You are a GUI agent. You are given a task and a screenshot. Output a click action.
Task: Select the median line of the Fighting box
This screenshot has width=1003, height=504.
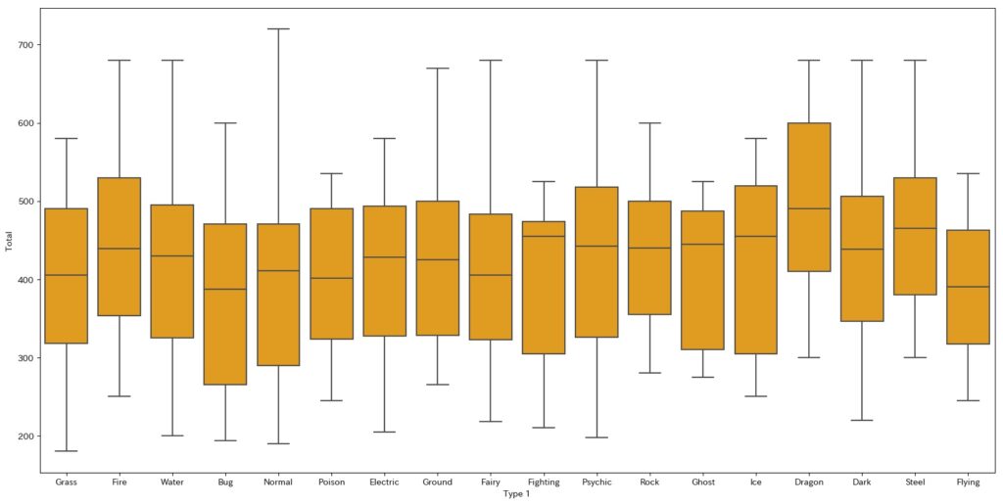click(x=544, y=236)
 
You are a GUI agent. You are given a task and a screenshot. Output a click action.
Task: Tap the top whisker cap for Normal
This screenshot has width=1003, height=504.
click(x=278, y=29)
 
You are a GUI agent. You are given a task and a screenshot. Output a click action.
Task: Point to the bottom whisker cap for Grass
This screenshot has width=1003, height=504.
click(x=67, y=451)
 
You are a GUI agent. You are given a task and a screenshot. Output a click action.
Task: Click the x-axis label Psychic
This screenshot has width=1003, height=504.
click(x=597, y=482)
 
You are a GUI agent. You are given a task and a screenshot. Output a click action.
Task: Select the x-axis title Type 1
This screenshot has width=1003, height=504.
click(x=516, y=494)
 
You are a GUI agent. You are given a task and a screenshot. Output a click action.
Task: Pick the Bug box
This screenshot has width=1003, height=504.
click(x=225, y=304)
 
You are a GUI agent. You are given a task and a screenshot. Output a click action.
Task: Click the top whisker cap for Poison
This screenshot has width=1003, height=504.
click(x=331, y=173)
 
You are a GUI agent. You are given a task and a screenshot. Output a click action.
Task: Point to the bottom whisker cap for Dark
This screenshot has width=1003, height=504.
click(x=862, y=420)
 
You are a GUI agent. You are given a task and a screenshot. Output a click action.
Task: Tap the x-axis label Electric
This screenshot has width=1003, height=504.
click(x=384, y=482)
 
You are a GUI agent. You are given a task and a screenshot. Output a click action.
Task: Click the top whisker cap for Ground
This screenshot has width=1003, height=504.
click(x=437, y=69)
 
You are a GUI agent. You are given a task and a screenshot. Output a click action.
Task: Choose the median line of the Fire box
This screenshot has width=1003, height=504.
click(x=119, y=249)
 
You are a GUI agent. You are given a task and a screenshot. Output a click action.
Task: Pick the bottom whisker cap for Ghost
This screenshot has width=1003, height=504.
click(x=702, y=377)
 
